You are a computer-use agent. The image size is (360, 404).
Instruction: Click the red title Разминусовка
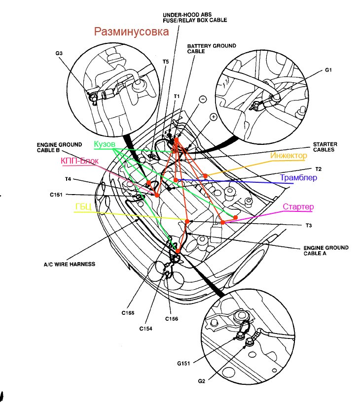[x=132, y=33]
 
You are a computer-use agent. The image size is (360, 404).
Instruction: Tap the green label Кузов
[x=104, y=144]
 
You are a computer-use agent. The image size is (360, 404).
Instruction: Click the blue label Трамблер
[x=298, y=178]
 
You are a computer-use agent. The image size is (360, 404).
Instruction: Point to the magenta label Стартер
[x=298, y=207]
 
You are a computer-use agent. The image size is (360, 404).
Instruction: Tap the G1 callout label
[x=328, y=70]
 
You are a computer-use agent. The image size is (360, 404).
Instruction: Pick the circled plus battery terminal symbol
[x=213, y=117]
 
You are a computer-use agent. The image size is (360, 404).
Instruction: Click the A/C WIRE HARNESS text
[x=69, y=264]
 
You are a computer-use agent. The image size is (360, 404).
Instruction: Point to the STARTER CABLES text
[x=324, y=147]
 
